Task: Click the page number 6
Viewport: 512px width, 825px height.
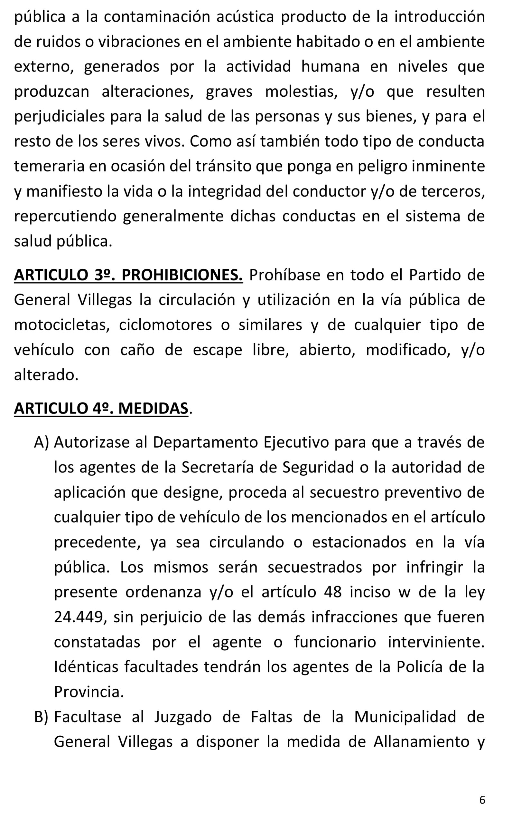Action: (482, 800)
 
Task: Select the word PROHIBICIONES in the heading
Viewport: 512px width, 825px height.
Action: (182, 275)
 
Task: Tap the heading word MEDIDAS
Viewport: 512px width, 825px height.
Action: (153, 408)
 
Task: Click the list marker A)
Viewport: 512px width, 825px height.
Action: (42, 442)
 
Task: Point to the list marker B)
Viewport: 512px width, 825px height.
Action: (41, 717)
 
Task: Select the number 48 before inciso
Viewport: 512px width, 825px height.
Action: (332, 592)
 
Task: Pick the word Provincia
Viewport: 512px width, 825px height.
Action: (89, 692)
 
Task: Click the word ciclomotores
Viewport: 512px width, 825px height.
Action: (165, 325)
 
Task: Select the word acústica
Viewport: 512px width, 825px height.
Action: (245, 17)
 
